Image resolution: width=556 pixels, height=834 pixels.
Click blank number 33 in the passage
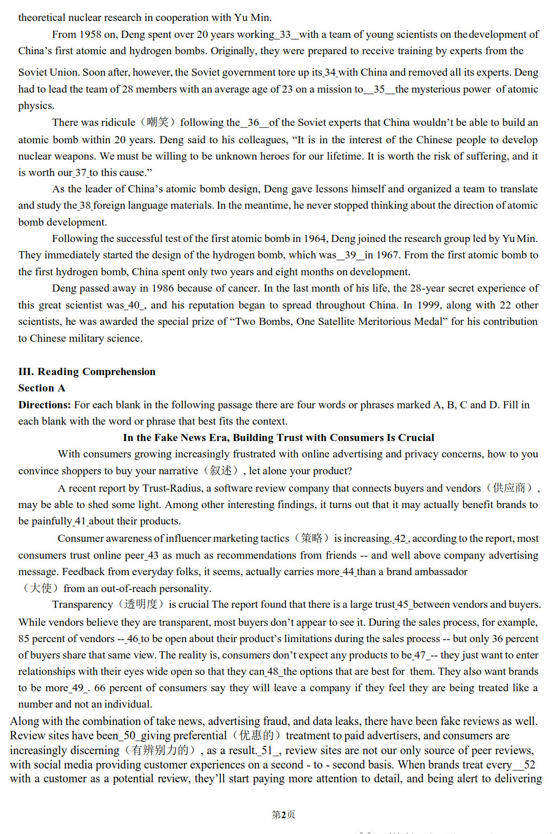[x=285, y=34]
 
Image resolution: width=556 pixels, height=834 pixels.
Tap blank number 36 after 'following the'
[x=254, y=122]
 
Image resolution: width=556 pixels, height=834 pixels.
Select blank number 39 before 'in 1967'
[x=350, y=255]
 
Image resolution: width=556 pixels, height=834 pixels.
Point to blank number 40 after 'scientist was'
[x=134, y=305]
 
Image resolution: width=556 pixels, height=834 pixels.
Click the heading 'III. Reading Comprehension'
[x=87, y=371]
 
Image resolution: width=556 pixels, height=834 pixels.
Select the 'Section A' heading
[x=42, y=388]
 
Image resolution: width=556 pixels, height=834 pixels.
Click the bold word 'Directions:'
[x=45, y=405]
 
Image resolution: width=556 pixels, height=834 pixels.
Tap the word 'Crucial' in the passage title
[x=416, y=437]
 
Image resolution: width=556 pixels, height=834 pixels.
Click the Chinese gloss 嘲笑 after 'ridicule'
[x=158, y=122]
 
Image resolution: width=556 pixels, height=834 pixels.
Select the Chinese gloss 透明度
[x=141, y=604]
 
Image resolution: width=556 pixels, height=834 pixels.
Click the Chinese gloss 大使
[x=40, y=588]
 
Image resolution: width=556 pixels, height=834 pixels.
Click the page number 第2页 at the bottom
[x=283, y=815]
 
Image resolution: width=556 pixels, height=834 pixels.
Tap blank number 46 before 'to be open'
[x=133, y=639]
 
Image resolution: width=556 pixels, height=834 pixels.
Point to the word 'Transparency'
[x=82, y=604]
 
